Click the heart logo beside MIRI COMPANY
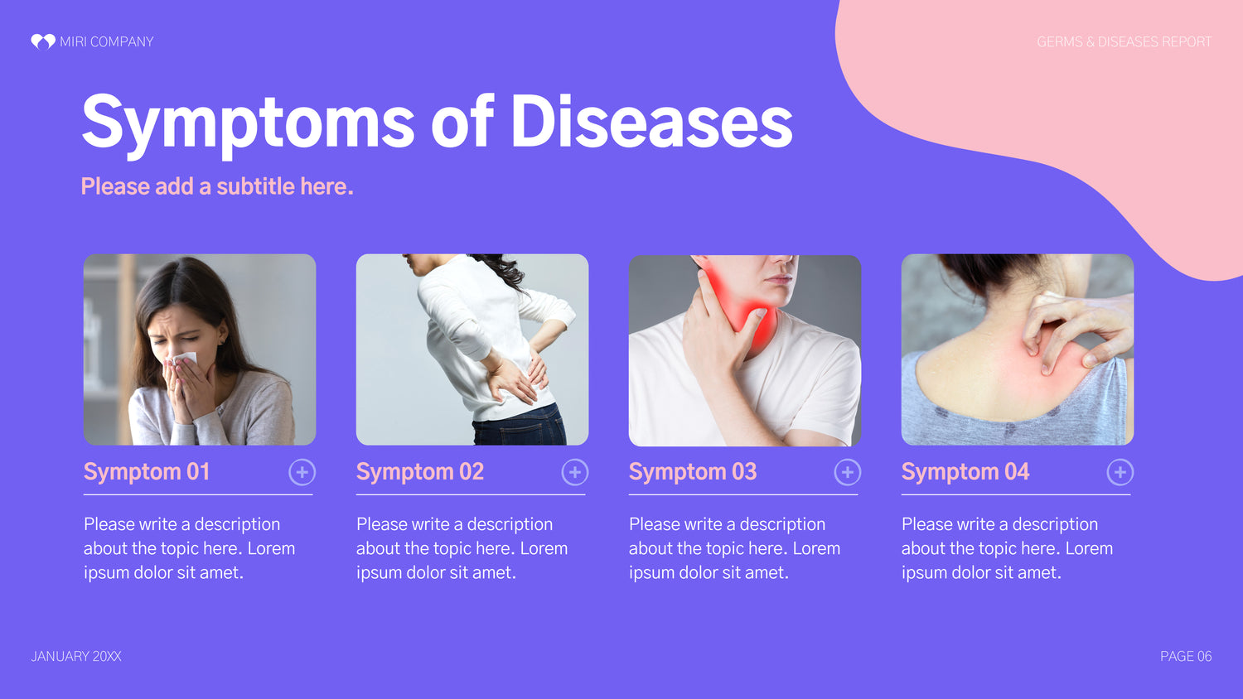43,41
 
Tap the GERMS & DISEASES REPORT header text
1124,42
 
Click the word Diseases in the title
651,122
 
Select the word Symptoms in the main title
248,125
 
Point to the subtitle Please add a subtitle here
217,186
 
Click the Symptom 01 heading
147,473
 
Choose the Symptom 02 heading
419,473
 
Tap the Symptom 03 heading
693,473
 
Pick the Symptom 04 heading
965,473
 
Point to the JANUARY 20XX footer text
76,656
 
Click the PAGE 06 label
1186,656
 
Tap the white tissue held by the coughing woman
186,359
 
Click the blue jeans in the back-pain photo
519,426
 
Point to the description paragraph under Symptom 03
734,548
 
